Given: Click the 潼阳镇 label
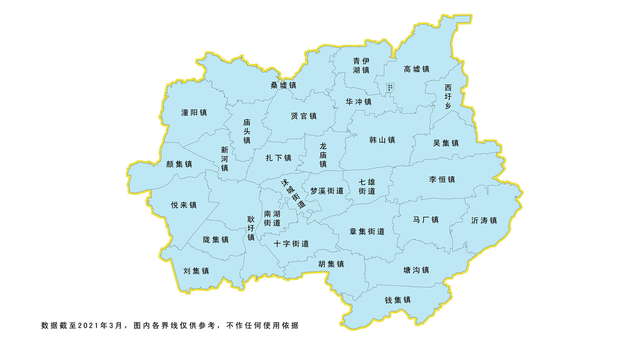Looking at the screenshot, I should coord(194,113).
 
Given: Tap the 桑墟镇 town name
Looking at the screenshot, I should coord(283,85).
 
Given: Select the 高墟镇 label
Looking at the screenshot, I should coord(417,69).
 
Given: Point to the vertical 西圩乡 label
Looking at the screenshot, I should coord(448,96).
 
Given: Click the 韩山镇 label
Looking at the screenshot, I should coord(382,140).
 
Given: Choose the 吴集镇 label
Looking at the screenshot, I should coord(446,143).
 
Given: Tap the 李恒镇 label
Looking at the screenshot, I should coord(442,179).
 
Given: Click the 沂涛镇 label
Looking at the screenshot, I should coord(484,221).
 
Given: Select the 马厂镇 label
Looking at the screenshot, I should coord(426,220).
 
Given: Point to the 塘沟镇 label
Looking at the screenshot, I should coord(416,270).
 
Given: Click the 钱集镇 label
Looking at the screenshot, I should coord(398,300).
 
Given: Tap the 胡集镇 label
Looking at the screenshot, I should coord(331,264).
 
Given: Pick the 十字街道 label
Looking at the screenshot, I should coord(291,244).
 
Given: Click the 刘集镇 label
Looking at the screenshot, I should coord(196,271).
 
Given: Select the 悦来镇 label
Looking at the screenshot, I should coord(184,205).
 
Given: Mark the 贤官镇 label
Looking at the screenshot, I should coord(304,116).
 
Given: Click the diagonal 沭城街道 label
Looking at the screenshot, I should coord(293,194).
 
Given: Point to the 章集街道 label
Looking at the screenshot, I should coord(367,231).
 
